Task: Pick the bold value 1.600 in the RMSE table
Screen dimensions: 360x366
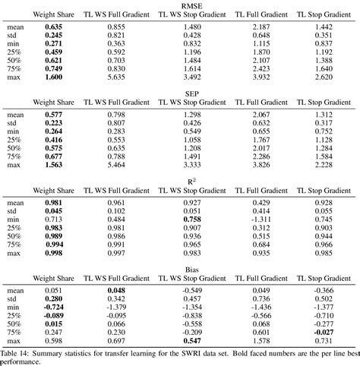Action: pyautogui.click(x=53, y=77)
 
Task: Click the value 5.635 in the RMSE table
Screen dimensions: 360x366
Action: pyautogui.click(x=115, y=77)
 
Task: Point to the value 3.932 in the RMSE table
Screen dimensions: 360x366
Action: pyautogui.click(x=261, y=77)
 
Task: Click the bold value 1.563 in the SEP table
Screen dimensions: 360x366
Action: pyautogui.click(x=53, y=166)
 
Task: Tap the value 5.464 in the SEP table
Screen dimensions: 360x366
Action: pyautogui.click(x=115, y=166)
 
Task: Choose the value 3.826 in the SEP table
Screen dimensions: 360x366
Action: pyautogui.click(x=261, y=166)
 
